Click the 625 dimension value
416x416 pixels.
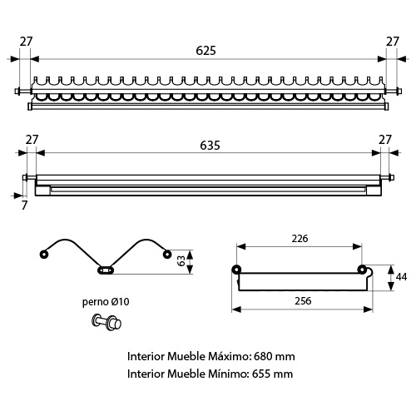(206, 51)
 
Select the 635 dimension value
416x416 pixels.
(210, 146)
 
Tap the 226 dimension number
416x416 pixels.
(300, 239)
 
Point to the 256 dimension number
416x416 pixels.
(303, 301)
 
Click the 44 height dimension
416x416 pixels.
(401, 277)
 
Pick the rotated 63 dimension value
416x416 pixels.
(181, 261)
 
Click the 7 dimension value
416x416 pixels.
(24, 206)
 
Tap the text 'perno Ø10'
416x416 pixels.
(106, 302)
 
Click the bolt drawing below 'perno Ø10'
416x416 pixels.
(106, 323)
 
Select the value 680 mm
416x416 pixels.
(274, 356)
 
